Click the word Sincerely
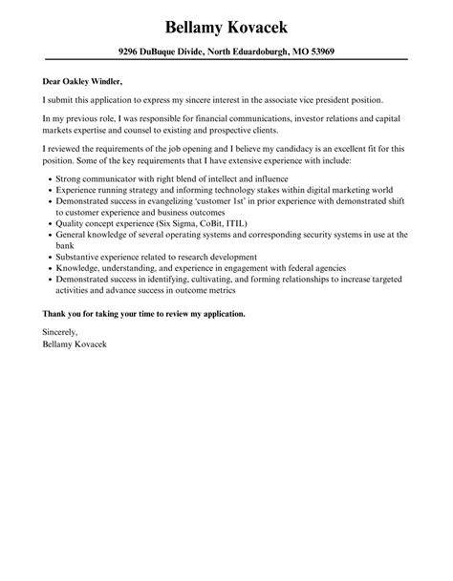(61, 333)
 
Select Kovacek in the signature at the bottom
(97, 344)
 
